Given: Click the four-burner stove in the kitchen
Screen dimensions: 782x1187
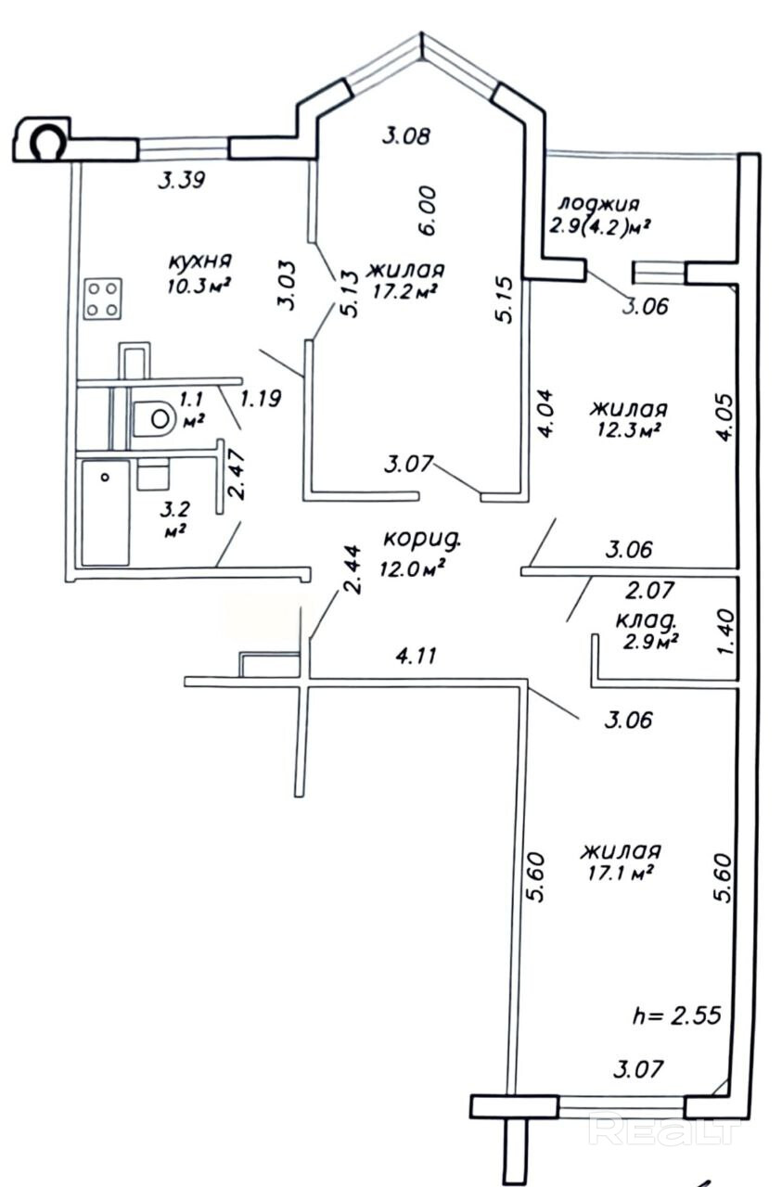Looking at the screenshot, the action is pyautogui.click(x=102, y=300).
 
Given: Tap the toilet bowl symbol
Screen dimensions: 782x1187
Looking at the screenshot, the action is pyautogui.click(x=154, y=418).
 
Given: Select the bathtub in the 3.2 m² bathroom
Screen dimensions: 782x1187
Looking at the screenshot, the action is pyautogui.click(x=106, y=513).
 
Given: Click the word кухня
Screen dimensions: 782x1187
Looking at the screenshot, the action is pyautogui.click(x=200, y=262).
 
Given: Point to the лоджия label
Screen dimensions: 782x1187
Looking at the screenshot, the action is pyautogui.click(x=599, y=204).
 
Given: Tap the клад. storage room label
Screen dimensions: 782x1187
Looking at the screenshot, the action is pyautogui.click(x=647, y=620).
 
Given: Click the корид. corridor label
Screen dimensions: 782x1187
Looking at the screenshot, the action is pyautogui.click(x=422, y=539).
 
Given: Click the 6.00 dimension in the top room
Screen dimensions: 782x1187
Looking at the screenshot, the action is pyautogui.click(x=427, y=211).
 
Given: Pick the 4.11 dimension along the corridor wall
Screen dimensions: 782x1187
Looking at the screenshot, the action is pyautogui.click(x=417, y=656).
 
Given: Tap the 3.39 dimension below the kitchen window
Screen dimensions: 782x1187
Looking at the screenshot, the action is pyautogui.click(x=181, y=181).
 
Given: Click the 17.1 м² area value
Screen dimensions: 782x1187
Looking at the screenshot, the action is pyautogui.click(x=620, y=874).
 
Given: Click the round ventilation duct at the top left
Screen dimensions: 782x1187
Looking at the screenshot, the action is pyautogui.click(x=48, y=141).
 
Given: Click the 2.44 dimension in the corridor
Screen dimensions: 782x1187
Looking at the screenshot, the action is pyautogui.click(x=352, y=569).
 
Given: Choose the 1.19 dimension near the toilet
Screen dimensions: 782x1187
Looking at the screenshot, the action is pyautogui.click(x=261, y=399).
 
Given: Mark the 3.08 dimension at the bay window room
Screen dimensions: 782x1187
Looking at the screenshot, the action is pyautogui.click(x=406, y=136).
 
